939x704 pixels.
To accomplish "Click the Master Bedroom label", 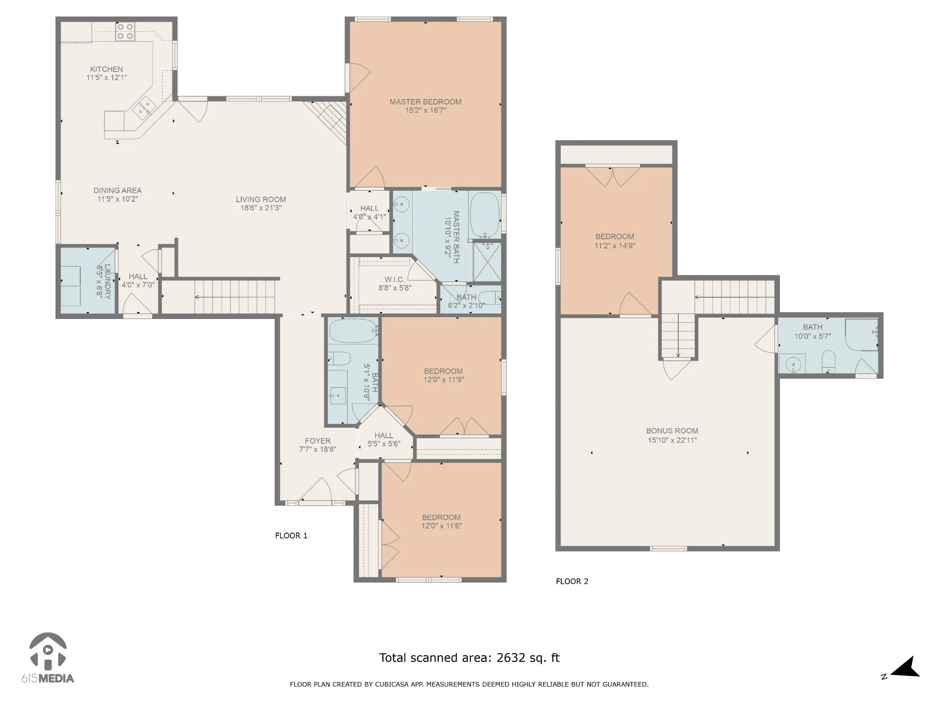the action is (425, 102).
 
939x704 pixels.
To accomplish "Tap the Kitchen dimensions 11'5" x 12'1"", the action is (107, 78).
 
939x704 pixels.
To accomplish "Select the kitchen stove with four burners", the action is (125, 31).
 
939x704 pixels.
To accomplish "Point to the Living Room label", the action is (261, 199).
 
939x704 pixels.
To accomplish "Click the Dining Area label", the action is (118, 190).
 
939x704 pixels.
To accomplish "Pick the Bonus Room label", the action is (672, 431).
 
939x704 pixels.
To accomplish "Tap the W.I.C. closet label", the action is (394, 280).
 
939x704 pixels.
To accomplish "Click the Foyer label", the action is (318, 441).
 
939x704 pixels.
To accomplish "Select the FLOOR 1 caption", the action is (291, 535).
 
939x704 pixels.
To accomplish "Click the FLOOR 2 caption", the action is (572, 581).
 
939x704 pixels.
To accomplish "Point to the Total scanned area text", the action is (469, 658).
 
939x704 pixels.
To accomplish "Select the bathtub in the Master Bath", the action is (485, 215).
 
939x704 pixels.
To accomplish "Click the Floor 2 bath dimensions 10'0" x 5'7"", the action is (812, 336).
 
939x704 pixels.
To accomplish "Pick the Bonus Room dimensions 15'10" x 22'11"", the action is (672, 440).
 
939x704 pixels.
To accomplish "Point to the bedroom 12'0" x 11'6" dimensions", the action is (442, 526).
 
